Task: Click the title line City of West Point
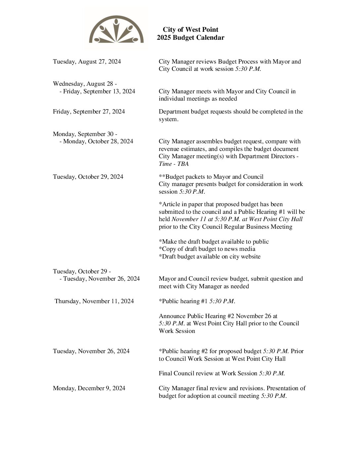[190, 30]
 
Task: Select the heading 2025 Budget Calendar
[190, 38]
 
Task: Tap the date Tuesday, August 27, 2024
[87, 62]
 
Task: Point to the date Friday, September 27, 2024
[89, 112]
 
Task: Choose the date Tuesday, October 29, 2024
[88, 177]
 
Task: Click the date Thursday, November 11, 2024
[94, 301]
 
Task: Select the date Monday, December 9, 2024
[89, 388]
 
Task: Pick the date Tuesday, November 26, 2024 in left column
[91, 351]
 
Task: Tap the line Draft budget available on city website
[209, 256]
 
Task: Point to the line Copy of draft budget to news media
[207, 249]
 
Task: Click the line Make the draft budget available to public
[213, 242]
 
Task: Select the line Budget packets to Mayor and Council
[211, 177]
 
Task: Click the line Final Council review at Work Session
[222, 373]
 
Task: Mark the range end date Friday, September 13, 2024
[99, 91]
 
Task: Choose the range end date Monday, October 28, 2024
[98, 141]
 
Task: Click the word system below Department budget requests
[168, 119]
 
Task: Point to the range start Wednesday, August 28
[85, 84]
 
